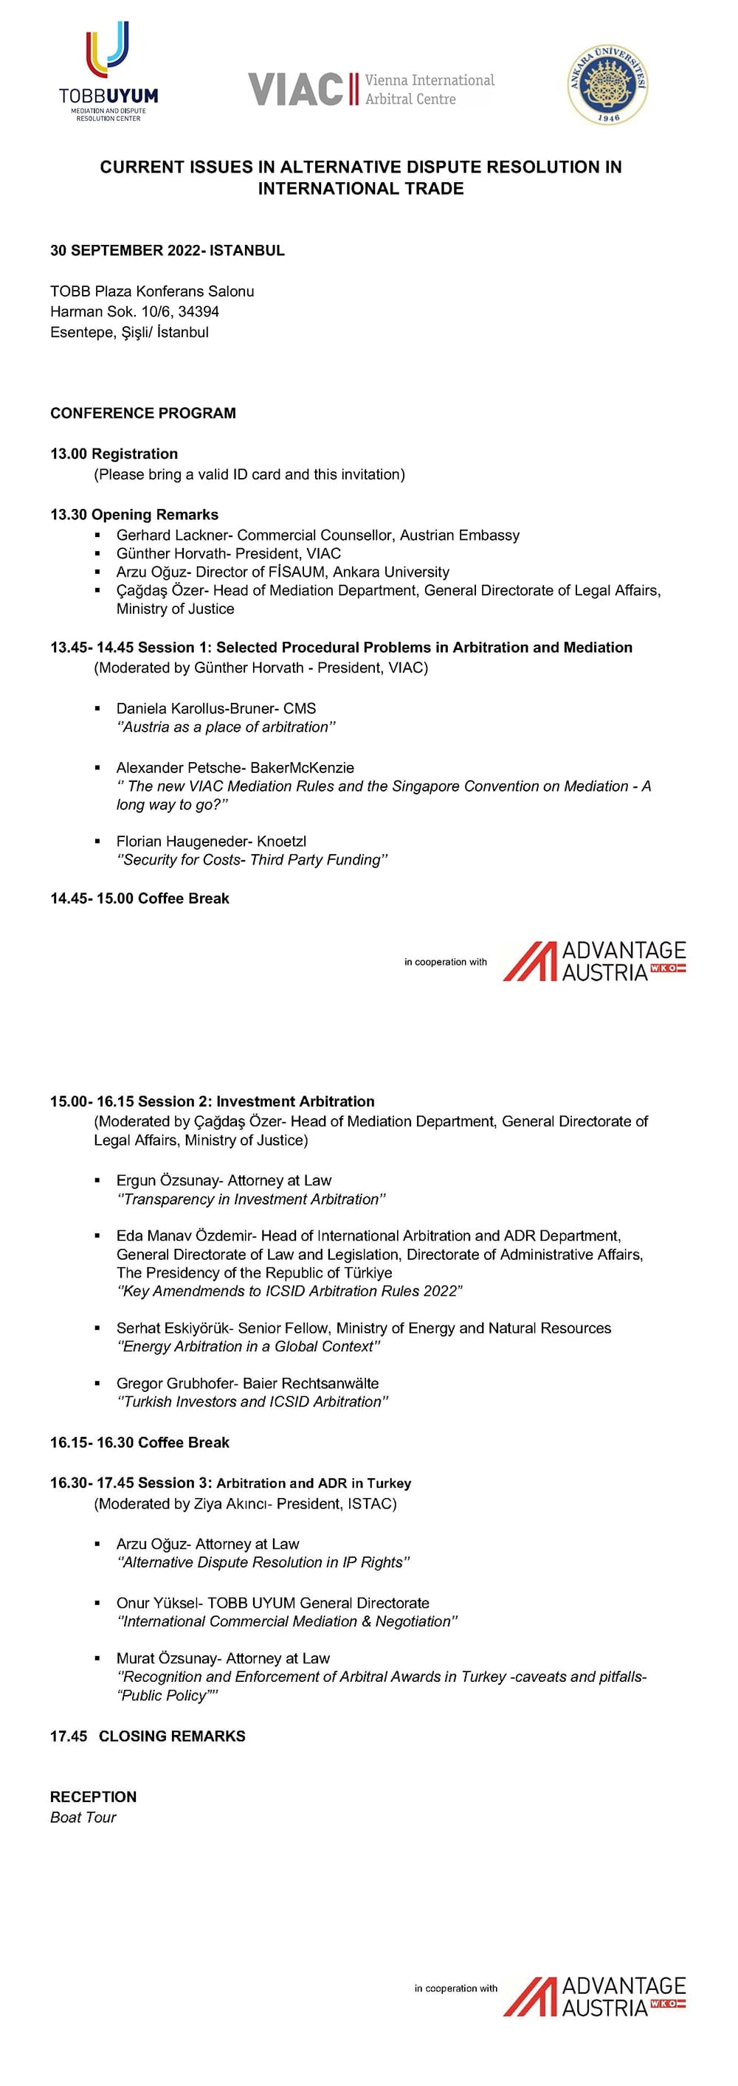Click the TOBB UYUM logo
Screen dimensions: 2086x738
tap(108, 72)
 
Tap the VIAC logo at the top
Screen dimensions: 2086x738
tap(371, 89)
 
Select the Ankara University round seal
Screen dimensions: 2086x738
tap(607, 84)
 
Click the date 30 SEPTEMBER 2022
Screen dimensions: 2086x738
tap(125, 250)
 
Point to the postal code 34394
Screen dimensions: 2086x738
tap(199, 312)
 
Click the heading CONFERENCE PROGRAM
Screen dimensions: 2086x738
tap(143, 413)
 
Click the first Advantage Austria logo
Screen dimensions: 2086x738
tap(594, 962)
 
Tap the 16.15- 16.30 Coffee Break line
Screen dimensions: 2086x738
tap(139, 1443)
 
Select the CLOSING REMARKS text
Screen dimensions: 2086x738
tap(172, 1736)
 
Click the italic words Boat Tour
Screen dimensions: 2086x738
tap(83, 1818)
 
